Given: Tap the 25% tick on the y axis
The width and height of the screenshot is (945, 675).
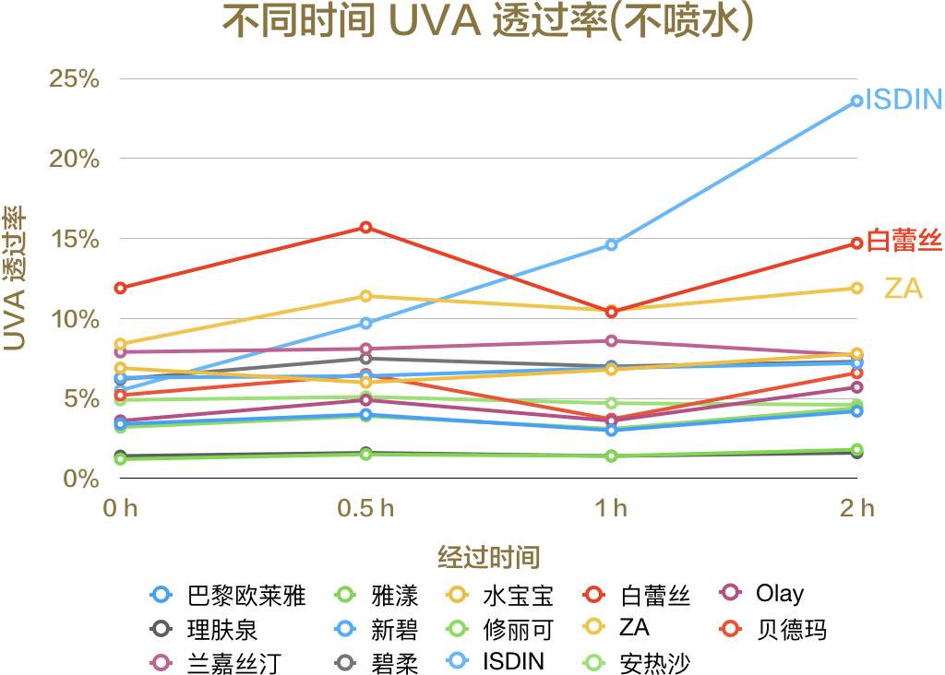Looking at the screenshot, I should [x=74, y=78].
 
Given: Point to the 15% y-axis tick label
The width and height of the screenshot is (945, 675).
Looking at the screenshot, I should [x=74, y=239].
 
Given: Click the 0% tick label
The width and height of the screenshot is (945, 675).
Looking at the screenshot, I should [x=81, y=479].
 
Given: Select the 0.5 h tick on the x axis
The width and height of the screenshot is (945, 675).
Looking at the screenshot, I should [x=366, y=507].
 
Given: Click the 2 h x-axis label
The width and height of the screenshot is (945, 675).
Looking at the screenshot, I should [x=856, y=507].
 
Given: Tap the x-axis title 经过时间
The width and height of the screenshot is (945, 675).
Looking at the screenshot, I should [x=488, y=557].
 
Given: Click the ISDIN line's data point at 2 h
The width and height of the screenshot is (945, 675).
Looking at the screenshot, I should [x=856, y=101].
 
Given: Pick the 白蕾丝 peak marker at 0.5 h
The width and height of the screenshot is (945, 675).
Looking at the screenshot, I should [x=366, y=227].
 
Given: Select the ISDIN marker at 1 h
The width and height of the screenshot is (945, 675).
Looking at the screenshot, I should [x=611, y=244].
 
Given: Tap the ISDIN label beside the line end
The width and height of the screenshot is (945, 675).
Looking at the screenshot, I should [x=903, y=100].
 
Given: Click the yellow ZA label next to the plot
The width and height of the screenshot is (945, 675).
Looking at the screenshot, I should [x=903, y=289].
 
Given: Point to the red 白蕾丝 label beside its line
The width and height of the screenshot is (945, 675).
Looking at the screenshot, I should [x=904, y=242].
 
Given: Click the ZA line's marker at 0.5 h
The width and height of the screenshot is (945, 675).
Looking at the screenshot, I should [x=366, y=296].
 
